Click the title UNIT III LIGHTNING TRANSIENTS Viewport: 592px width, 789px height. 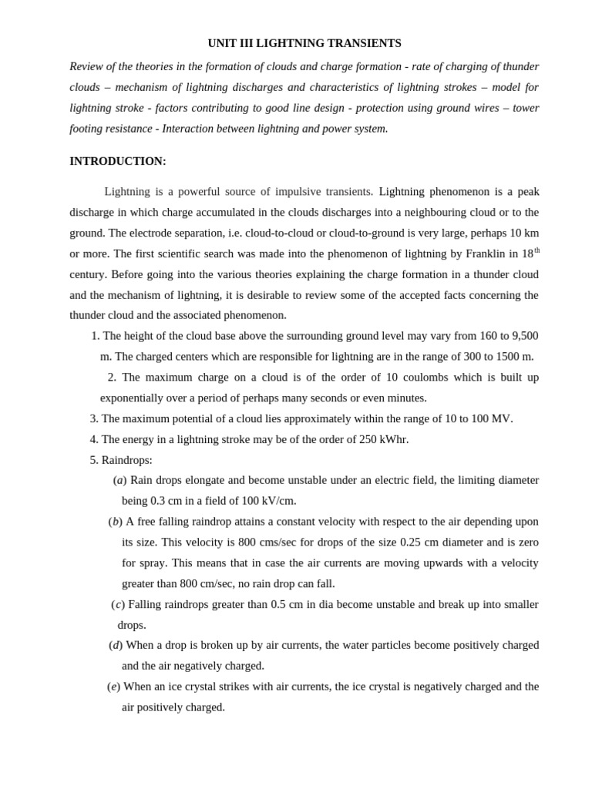[304, 43]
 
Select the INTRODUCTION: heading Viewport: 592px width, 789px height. [118, 161]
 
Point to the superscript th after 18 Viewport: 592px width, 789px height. [536, 250]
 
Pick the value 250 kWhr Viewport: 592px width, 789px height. [383, 439]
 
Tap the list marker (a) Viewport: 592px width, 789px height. [119, 480]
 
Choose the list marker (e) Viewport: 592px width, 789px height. [113, 687]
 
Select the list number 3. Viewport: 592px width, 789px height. [94, 418]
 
